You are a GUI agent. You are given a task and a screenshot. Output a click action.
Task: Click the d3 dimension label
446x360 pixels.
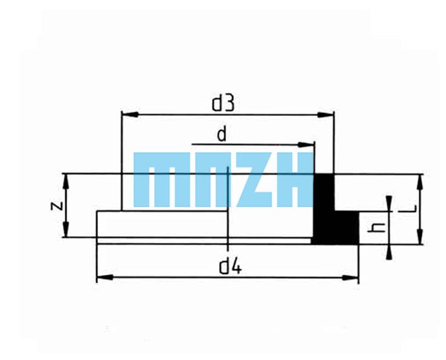point(223,103)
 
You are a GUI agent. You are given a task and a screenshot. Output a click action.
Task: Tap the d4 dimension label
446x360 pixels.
point(230,267)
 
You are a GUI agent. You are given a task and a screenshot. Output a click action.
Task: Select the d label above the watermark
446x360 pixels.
point(222,134)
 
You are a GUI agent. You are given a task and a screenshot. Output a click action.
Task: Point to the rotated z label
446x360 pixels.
point(57,205)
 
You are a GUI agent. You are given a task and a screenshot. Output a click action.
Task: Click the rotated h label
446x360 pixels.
point(376,228)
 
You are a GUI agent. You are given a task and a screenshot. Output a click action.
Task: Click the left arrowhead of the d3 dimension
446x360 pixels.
point(130,115)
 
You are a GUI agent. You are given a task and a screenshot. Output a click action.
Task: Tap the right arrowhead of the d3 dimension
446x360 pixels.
point(326,115)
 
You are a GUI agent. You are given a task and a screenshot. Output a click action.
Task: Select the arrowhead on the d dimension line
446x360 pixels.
point(306,145)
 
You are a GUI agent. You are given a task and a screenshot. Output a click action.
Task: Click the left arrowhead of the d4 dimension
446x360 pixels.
point(105,277)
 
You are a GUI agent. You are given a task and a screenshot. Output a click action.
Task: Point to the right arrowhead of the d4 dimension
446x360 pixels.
point(351,277)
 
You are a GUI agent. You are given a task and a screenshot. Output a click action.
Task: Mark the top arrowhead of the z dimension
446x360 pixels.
point(66,182)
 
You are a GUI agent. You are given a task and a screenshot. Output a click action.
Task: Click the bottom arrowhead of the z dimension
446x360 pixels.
point(66,229)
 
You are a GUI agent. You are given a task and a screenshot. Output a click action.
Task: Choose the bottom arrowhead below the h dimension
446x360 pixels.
point(389,252)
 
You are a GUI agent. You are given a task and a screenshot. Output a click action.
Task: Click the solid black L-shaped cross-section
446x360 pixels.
point(335,209)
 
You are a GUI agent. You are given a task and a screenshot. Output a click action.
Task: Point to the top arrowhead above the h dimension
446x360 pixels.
point(389,204)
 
